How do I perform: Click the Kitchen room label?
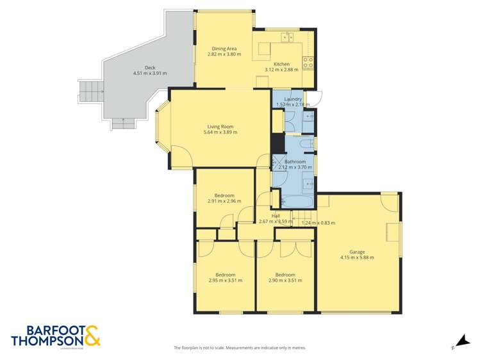pyautogui.click(x=281, y=64)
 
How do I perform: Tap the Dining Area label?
pyautogui.click(x=224, y=49)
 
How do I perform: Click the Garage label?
pyautogui.click(x=357, y=252)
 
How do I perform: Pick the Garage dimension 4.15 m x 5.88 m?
pyautogui.click(x=357, y=258)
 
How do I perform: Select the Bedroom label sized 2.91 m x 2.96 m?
pyautogui.click(x=224, y=195)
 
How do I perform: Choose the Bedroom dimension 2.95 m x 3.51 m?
pyautogui.click(x=225, y=280)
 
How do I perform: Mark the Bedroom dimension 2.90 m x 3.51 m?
pyautogui.click(x=285, y=280)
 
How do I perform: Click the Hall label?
pyautogui.click(x=275, y=216)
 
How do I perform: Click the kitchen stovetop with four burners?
pyautogui.click(x=308, y=62)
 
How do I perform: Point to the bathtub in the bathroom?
pyautogui.click(x=297, y=201)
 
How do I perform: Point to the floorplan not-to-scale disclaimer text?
pyautogui.click(x=240, y=348)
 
